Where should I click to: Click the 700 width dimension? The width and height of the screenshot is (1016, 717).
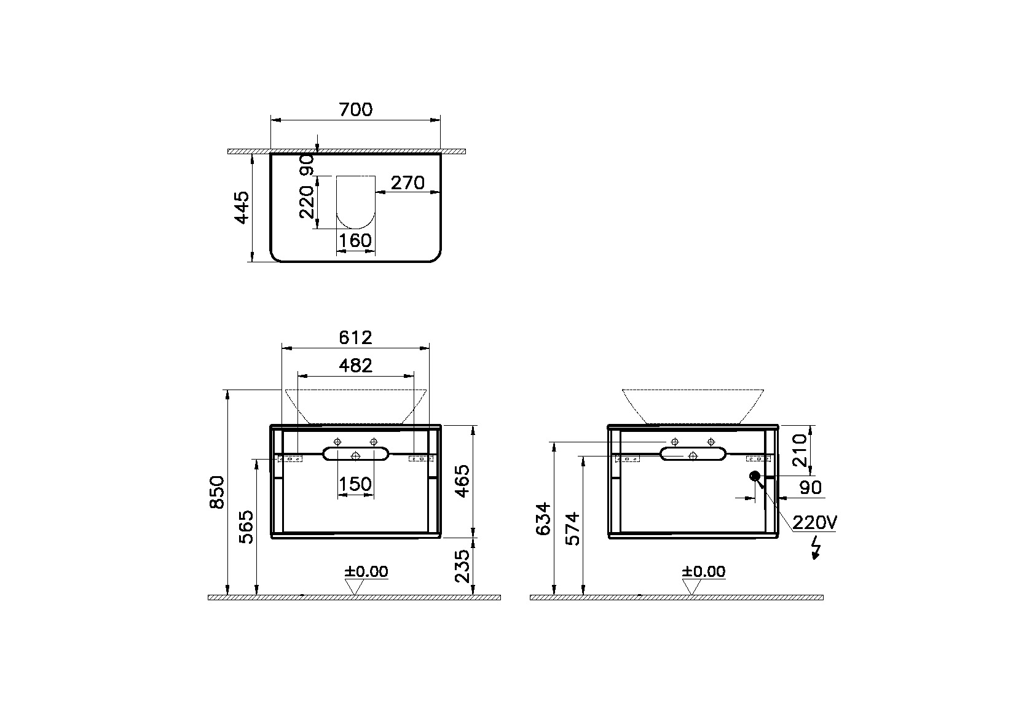pyautogui.click(x=355, y=110)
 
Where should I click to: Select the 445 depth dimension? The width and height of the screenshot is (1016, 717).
pyautogui.click(x=242, y=208)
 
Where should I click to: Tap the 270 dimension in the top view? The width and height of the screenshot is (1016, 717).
pyautogui.click(x=408, y=182)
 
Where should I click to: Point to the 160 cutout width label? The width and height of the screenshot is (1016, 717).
pyautogui.click(x=355, y=240)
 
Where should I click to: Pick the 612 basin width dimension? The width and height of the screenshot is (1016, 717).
pyautogui.click(x=355, y=337)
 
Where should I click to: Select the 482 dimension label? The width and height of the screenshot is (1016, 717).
pyautogui.click(x=355, y=366)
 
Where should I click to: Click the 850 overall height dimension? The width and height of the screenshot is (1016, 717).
pyautogui.click(x=217, y=492)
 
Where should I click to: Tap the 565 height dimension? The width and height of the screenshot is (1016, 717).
pyautogui.click(x=245, y=527)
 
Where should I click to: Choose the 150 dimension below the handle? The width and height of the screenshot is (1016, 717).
pyautogui.click(x=355, y=484)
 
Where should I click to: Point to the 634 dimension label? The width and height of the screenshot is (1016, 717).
pyautogui.click(x=543, y=519)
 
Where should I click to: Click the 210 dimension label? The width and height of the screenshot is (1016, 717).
pyautogui.click(x=800, y=450)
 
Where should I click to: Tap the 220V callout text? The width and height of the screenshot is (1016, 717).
pyautogui.click(x=814, y=523)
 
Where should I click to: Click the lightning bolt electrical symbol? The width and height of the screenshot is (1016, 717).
pyautogui.click(x=816, y=548)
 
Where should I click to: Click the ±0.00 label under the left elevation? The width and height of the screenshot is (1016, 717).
pyautogui.click(x=366, y=572)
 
